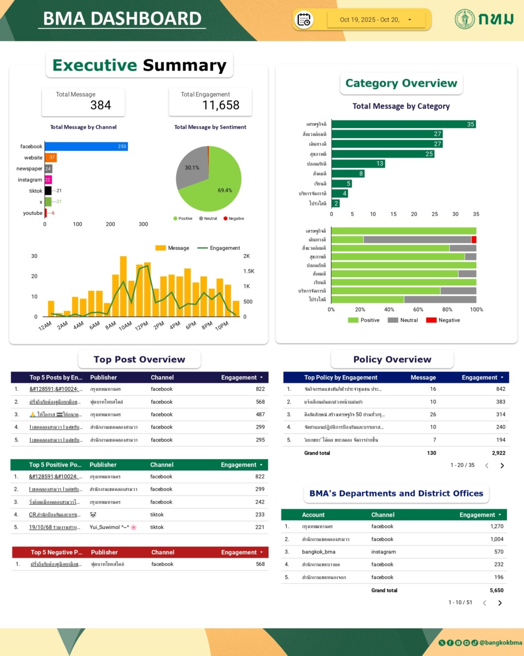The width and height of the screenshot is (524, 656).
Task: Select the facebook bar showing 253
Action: coord(86,147)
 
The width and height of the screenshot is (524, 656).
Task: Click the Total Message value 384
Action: coord(101,106)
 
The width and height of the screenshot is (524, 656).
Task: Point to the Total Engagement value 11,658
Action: coord(221,106)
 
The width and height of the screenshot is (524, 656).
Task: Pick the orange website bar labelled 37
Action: coord(50,157)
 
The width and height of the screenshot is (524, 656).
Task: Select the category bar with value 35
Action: coord(403,124)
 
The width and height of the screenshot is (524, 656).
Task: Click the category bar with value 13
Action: coord(358,163)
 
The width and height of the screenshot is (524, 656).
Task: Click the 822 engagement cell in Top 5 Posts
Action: coord(260,389)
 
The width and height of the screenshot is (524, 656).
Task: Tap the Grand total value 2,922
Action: coord(498,453)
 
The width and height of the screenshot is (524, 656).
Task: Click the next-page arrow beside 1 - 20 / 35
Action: coord(502,466)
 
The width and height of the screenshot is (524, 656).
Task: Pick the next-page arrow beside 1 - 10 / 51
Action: coord(499,603)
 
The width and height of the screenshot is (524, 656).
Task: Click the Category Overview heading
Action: coord(401,84)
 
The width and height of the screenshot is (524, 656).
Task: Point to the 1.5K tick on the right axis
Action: coord(249,271)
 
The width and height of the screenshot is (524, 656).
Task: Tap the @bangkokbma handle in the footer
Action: coord(501,643)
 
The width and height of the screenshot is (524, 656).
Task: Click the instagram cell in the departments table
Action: coord(384,552)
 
